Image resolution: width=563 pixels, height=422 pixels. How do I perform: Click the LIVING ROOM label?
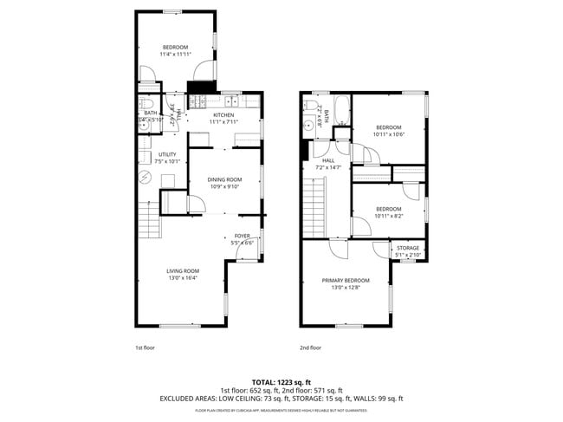(183, 270)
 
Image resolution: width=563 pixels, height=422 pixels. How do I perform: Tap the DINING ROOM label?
(224, 179)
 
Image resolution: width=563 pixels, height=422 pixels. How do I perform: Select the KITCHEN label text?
(223, 115)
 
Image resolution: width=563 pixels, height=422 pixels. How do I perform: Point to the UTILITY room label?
(166, 154)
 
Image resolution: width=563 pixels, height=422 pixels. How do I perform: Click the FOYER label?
(242, 236)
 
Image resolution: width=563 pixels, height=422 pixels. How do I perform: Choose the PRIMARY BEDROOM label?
(346, 280)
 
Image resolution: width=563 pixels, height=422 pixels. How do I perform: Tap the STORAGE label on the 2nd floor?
(408, 248)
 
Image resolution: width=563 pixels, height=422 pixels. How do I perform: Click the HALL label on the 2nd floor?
(328, 160)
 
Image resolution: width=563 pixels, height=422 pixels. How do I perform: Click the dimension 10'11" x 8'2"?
(388, 214)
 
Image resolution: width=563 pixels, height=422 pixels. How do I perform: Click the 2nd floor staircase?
(314, 204)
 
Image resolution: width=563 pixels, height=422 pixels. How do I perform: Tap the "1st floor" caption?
(144, 347)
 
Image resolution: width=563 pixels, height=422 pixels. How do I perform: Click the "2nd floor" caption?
(310, 347)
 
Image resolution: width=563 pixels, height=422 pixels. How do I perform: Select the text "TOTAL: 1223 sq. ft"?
(281, 382)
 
